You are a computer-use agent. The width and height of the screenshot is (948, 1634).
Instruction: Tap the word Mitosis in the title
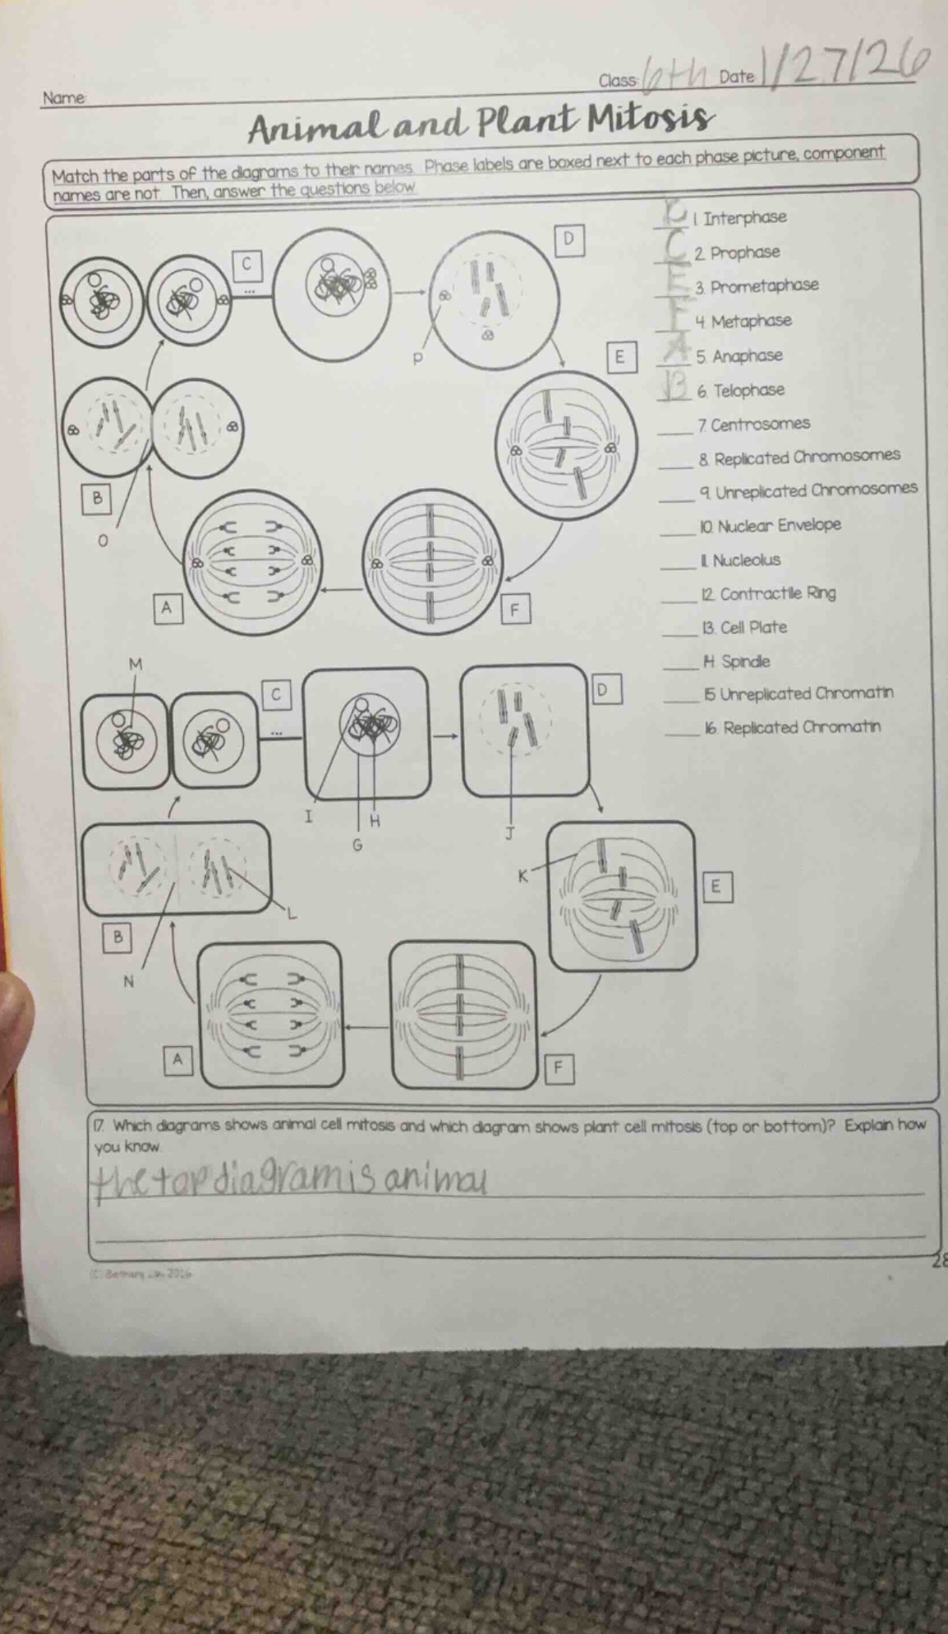click(x=647, y=120)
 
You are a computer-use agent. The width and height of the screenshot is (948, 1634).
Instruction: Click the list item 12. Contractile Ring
click(x=767, y=594)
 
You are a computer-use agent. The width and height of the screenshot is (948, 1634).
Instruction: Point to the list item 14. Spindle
click(x=736, y=662)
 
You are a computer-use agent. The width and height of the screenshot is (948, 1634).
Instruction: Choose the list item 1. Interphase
click(x=741, y=218)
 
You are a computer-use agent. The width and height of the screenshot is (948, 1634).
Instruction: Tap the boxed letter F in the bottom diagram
click(x=558, y=1068)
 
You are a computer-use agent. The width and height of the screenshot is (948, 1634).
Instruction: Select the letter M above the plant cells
click(x=135, y=664)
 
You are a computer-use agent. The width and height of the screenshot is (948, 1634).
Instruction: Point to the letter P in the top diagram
click(x=418, y=359)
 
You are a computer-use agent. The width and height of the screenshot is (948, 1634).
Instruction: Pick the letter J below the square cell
click(x=511, y=833)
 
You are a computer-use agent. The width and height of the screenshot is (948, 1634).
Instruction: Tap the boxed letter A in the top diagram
click(x=166, y=609)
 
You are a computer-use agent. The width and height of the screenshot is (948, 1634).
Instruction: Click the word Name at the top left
click(x=63, y=98)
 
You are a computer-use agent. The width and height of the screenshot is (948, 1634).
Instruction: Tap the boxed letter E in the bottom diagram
click(x=716, y=888)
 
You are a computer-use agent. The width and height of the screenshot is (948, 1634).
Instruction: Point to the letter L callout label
click(x=291, y=914)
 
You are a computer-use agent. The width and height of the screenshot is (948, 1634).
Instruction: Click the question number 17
click(x=101, y=1125)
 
